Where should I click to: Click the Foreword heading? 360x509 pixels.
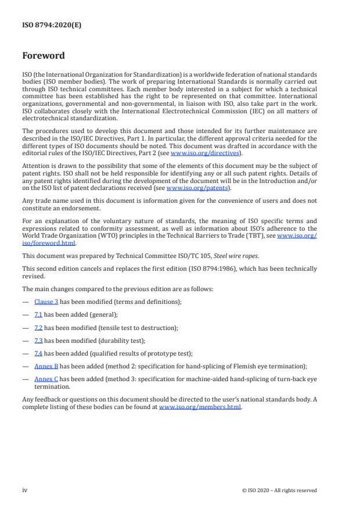pyautogui.click(x=43, y=56)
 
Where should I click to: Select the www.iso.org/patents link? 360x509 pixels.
pyautogui.click(x=190, y=188)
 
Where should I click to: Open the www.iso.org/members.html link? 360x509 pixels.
pyautogui.click(x=200, y=407)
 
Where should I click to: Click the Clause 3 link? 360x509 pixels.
pyautogui.click(x=46, y=302)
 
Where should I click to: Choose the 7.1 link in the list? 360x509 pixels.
pyautogui.click(x=38, y=314)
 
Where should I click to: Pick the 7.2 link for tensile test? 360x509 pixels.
pyautogui.click(x=38, y=328)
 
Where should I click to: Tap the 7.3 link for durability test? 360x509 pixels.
pyautogui.click(x=38, y=340)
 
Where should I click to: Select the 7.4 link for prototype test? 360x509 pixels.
pyautogui.click(x=38, y=353)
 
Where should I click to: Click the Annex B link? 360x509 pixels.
pyautogui.click(x=46, y=366)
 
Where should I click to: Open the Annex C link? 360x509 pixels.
pyautogui.click(x=46, y=379)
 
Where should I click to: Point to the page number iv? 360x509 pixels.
pyautogui.click(x=25, y=490)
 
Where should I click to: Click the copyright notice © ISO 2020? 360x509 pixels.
pyautogui.click(x=279, y=490)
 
